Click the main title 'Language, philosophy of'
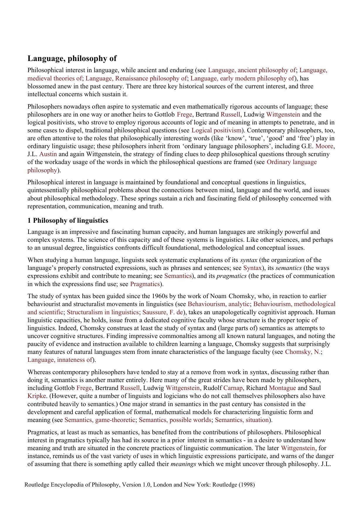pyautogui.click(x=72, y=58)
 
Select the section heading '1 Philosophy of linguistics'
pyautogui.click(x=68, y=220)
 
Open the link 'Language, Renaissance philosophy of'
pyautogui.click(x=136, y=78)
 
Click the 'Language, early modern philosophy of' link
pyautogui.click(x=242, y=78)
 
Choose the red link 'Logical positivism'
pyautogui.click(x=216, y=130)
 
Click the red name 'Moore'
pyautogui.click(x=324, y=146)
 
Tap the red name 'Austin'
pyautogui.click(x=48, y=154)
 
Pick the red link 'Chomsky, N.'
pyautogui.click(x=303, y=352)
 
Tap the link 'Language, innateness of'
pyautogui.click(x=60, y=360)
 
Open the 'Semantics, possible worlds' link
pyautogui.click(x=175, y=420)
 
